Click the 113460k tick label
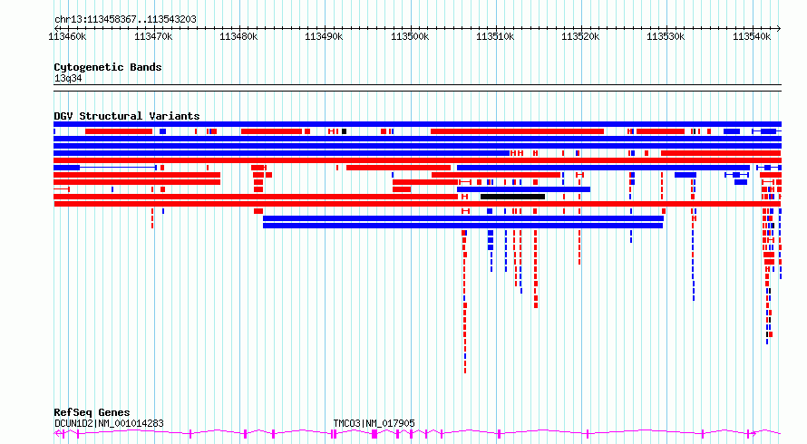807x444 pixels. pyautogui.click(x=67, y=36)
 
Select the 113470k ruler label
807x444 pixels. pyautogui.click(x=153, y=36)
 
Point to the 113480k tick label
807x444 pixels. pyautogui.click(x=238, y=36)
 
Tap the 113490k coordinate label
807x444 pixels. pyautogui.click(x=324, y=36)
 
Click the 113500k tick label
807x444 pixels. pyautogui.click(x=410, y=36)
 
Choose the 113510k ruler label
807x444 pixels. pyautogui.click(x=495, y=36)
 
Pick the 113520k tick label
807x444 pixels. pyautogui.click(x=580, y=36)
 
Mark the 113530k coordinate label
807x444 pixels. pyautogui.click(x=666, y=36)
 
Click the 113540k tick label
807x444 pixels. pyautogui.click(x=752, y=36)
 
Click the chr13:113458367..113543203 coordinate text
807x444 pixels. pyautogui.click(x=125, y=20)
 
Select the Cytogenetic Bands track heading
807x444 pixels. pyautogui.click(x=108, y=67)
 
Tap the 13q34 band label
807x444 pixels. pyautogui.click(x=68, y=78)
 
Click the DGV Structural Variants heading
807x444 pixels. pyautogui.click(x=127, y=116)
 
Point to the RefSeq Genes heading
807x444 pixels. pyautogui.click(x=92, y=412)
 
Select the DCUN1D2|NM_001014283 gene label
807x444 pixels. pyautogui.click(x=109, y=423)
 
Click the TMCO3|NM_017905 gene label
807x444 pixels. pyautogui.click(x=374, y=423)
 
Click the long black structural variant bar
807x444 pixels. pyautogui.click(x=512, y=197)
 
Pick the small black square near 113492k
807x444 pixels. pyautogui.click(x=345, y=131)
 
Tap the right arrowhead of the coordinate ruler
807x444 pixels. pyautogui.click(x=779, y=29)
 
